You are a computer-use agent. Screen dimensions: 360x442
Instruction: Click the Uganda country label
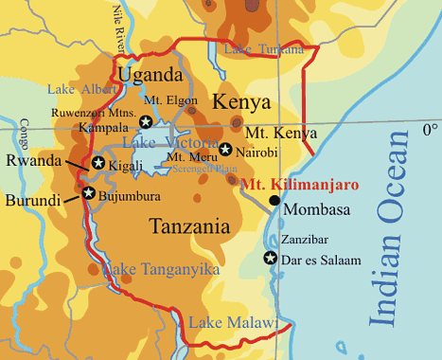pyautogui.click(x=150, y=75)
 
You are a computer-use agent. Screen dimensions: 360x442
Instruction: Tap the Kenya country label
pyautogui.click(x=241, y=102)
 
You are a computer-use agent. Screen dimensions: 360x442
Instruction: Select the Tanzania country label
pyautogui.click(x=189, y=226)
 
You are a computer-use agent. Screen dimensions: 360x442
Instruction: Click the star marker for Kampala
pyautogui.click(x=146, y=121)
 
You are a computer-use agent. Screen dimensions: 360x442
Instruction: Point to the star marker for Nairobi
pyautogui.click(x=225, y=149)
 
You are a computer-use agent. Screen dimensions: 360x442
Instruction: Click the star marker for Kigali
pyautogui.click(x=97, y=163)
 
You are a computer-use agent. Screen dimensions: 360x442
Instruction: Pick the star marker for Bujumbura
pyautogui.click(x=88, y=193)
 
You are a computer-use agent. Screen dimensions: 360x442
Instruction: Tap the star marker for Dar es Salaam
pyautogui.click(x=271, y=259)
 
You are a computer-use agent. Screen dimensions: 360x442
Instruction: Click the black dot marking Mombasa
pyautogui.click(x=274, y=200)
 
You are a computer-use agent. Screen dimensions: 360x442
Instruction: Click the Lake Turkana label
pyautogui.click(x=264, y=48)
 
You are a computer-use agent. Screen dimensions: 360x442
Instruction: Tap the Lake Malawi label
pyautogui.click(x=233, y=324)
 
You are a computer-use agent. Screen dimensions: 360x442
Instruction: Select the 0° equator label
pyautogui.click(x=430, y=127)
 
